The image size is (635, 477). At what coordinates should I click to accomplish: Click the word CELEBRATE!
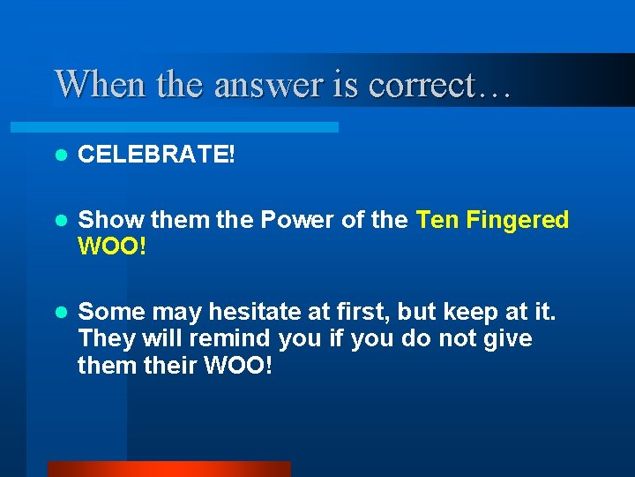tap(157, 155)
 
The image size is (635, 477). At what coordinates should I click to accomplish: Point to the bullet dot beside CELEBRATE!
tap(60, 155)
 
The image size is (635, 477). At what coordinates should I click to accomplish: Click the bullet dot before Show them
tap(60, 220)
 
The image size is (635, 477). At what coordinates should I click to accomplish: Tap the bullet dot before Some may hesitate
tap(60, 312)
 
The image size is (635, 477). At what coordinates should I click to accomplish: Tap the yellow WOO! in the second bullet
tap(112, 246)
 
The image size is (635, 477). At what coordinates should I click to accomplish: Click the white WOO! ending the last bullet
tap(236, 365)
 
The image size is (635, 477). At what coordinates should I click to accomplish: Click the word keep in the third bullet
tap(461, 312)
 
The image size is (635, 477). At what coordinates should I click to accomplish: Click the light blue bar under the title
tap(194, 127)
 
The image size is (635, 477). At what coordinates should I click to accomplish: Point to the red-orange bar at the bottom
tap(168, 468)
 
